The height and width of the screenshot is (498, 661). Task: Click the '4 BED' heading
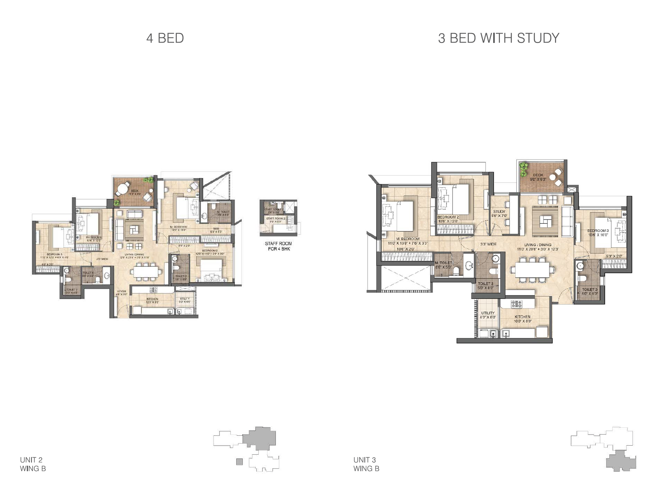click(x=165, y=38)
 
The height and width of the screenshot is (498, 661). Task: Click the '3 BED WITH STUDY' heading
click(x=498, y=38)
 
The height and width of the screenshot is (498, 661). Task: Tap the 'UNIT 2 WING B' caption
click(x=33, y=464)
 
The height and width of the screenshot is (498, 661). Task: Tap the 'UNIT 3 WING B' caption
click(x=366, y=464)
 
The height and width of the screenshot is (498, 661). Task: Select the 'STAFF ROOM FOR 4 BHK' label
click(x=278, y=246)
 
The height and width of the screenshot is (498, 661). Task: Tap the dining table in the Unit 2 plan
click(x=146, y=271)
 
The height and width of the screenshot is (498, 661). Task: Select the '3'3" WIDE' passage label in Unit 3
click(x=488, y=244)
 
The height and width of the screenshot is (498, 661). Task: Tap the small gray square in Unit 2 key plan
click(x=240, y=462)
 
